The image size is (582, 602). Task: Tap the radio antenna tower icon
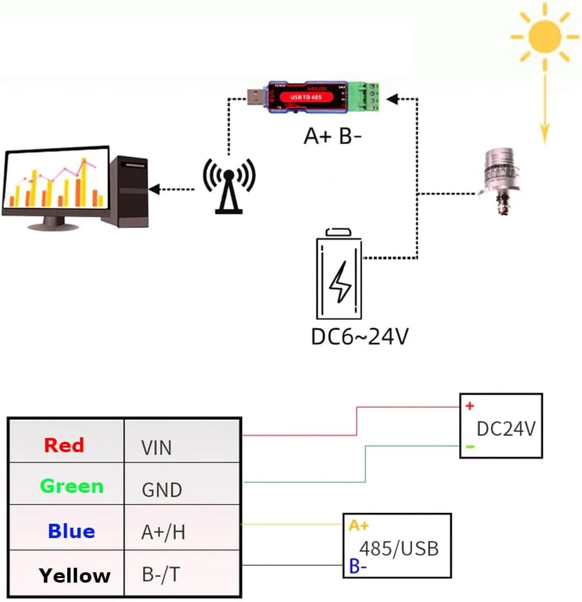pos(229,185)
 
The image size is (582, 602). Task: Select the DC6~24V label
pos(360,337)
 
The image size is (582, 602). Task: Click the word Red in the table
pos(64,445)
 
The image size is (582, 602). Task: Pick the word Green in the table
pos(71,486)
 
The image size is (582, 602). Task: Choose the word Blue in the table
pos(71,532)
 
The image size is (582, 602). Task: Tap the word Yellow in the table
pos(74,575)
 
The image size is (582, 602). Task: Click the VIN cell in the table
pos(156,448)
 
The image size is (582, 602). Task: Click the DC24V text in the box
pos(506,429)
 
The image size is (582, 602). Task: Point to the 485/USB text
pos(399,549)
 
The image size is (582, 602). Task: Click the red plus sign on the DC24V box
pos(469,406)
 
